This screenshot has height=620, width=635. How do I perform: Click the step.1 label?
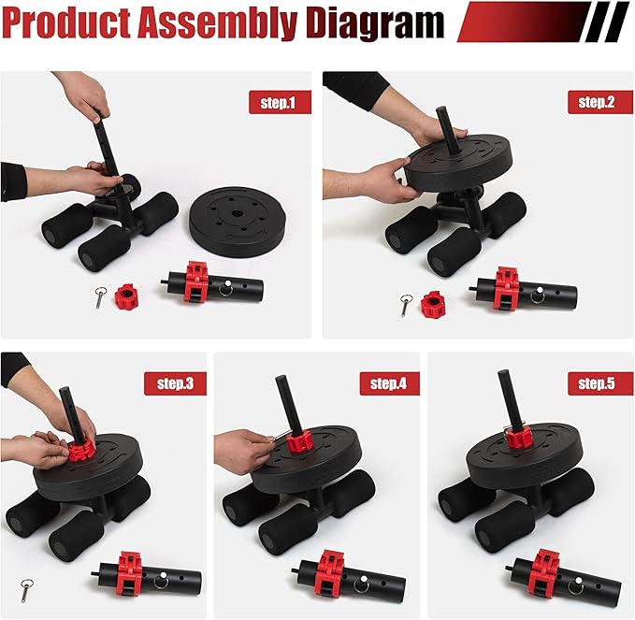[x=280, y=102]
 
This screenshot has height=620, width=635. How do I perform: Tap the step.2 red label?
[x=599, y=102]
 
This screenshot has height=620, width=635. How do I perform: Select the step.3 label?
[x=176, y=383]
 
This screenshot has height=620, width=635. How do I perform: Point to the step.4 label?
[x=389, y=383]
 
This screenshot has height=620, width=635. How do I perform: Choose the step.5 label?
[x=599, y=383]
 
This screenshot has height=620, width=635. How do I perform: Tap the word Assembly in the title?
[x=217, y=23]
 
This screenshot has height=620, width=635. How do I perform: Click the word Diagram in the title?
[x=375, y=23]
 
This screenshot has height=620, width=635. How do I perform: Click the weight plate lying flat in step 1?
[x=237, y=221]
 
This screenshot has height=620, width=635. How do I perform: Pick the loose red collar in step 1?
[x=126, y=296]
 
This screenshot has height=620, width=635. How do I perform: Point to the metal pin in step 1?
[x=100, y=296]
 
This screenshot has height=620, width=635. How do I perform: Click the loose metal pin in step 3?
[x=27, y=590]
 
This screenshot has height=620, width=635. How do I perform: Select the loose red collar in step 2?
[x=432, y=303]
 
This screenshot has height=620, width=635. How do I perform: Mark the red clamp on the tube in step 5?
[x=544, y=573]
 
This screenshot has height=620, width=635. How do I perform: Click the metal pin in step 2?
[x=406, y=305]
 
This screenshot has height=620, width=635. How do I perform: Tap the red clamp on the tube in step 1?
[x=196, y=282]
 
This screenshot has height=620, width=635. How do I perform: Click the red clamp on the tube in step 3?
[x=130, y=574]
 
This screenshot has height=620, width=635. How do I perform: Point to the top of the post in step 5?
[x=502, y=373]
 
